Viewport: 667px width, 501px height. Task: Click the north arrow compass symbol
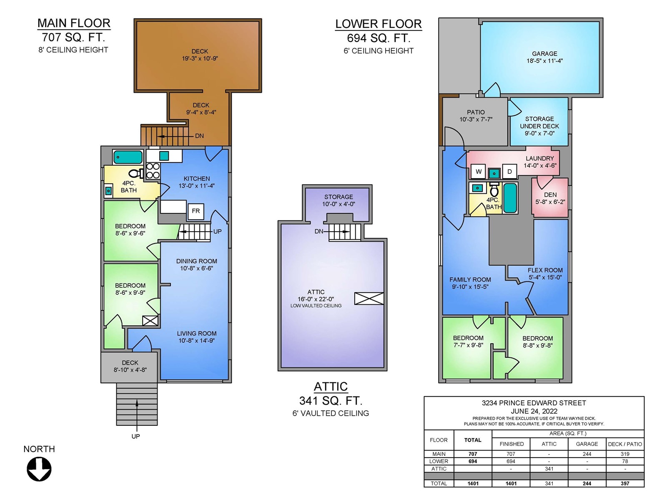click(x=39, y=469)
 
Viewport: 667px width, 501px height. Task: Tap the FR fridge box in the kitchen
click(x=196, y=211)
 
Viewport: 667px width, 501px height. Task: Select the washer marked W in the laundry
click(x=478, y=172)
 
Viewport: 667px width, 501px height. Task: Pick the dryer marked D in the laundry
click(x=509, y=172)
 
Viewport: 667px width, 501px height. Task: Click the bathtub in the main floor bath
click(x=128, y=157)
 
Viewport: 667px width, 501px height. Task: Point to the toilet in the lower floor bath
click(x=494, y=190)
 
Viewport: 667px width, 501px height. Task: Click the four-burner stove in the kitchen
click(x=153, y=171)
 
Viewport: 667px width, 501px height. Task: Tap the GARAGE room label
click(x=544, y=53)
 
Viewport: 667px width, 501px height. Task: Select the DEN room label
click(x=550, y=195)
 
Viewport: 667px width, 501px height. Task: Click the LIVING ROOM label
click(x=197, y=334)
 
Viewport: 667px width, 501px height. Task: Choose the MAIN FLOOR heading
click(x=74, y=23)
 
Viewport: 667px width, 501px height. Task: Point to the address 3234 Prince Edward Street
click(x=534, y=403)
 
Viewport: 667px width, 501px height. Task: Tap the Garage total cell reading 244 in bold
click(x=587, y=483)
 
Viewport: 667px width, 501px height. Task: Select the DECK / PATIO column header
click(x=625, y=444)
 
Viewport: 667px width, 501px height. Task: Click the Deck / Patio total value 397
click(x=625, y=483)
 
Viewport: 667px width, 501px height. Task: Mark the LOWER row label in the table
click(x=439, y=461)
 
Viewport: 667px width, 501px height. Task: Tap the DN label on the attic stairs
click(x=319, y=231)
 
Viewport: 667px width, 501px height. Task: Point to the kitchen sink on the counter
click(x=164, y=156)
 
